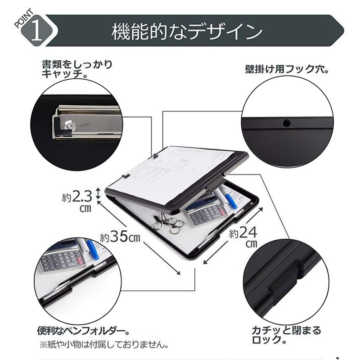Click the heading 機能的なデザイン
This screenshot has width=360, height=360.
click(187, 32)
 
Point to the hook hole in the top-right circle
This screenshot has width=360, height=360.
click(285, 122)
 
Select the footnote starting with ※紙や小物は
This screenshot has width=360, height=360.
click(103, 346)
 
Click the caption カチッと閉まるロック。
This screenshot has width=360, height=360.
click(287, 336)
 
